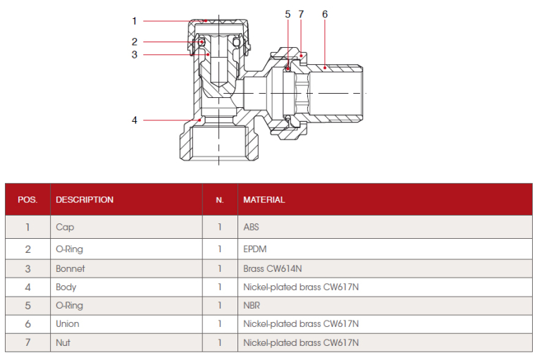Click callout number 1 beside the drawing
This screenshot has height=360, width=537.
(x=134, y=21)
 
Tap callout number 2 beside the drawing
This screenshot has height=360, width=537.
(x=134, y=42)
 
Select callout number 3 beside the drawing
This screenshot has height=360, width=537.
(x=134, y=54)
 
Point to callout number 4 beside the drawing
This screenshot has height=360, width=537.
(x=134, y=120)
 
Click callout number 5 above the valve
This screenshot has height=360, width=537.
(x=288, y=14)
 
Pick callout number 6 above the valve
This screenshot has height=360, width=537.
(x=324, y=14)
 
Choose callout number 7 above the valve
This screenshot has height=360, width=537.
(x=301, y=14)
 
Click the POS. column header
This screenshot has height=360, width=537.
(x=27, y=199)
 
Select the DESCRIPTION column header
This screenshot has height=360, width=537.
(x=85, y=199)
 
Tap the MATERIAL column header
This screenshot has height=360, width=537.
(x=264, y=199)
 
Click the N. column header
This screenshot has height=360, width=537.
(x=220, y=199)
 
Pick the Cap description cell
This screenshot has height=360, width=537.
(x=65, y=228)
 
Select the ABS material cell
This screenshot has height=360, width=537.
(x=252, y=228)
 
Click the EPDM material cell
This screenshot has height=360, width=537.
(x=255, y=249)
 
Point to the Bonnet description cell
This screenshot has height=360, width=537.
(x=70, y=268)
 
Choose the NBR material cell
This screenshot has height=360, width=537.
(x=252, y=306)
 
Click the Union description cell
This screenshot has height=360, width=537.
(x=68, y=324)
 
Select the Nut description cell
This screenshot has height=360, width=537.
(x=63, y=343)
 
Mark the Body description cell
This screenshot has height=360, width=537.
(x=66, y=287)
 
